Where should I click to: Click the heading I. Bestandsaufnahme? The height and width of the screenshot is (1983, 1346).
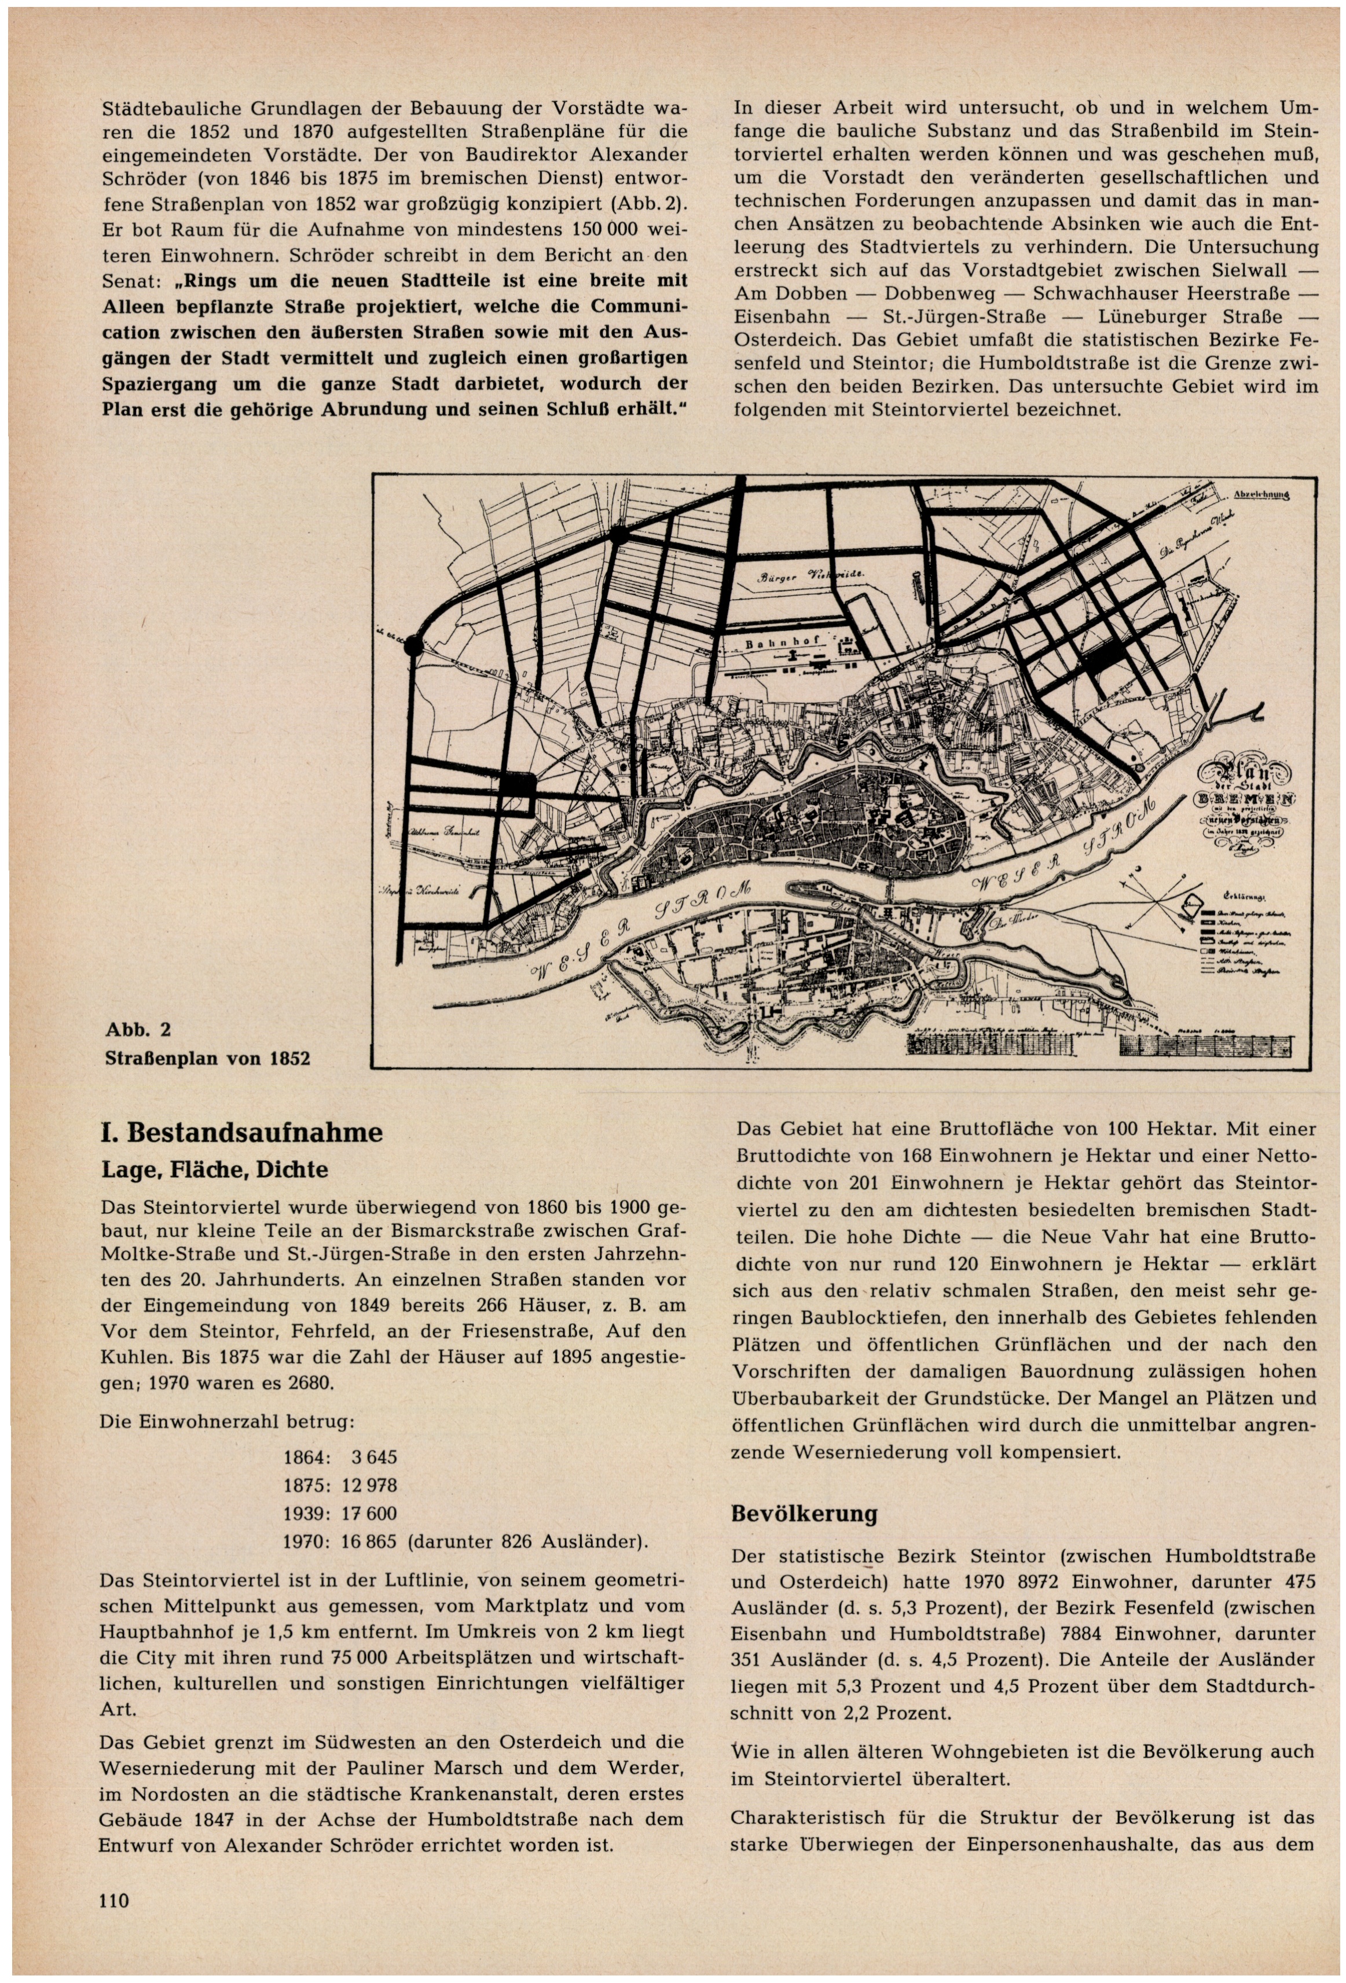click(241, 1133)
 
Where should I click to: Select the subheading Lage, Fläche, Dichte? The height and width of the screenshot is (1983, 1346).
click(214, 1168)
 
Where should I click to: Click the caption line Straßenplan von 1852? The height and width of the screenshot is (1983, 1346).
click(207, 1058)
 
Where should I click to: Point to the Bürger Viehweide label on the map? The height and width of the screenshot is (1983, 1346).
click(812, 577)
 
